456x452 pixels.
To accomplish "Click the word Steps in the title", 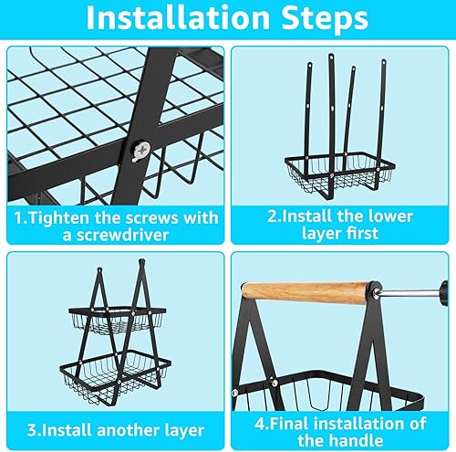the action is [x=325, y=19].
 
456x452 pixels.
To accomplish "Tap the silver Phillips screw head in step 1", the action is [x=142, y=151].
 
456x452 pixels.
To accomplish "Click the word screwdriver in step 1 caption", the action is [x=116, y=235].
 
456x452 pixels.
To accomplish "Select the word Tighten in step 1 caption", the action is [x=60, y=218].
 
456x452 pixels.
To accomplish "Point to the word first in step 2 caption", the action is [x=364, y=234].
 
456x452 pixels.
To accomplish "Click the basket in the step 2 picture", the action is [x=340, y=172].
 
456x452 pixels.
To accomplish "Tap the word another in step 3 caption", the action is [x=130, y=430].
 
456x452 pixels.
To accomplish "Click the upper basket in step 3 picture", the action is [x=117, y=321].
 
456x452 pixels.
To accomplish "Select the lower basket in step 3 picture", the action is [x=116, y=377].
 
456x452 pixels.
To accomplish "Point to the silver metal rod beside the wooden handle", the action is [x=408, y=293].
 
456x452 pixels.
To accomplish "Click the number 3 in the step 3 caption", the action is [x=32, y=430].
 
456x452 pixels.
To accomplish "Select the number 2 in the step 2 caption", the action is [x=272, y=216].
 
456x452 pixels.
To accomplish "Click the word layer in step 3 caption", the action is [x=185, y=431].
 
